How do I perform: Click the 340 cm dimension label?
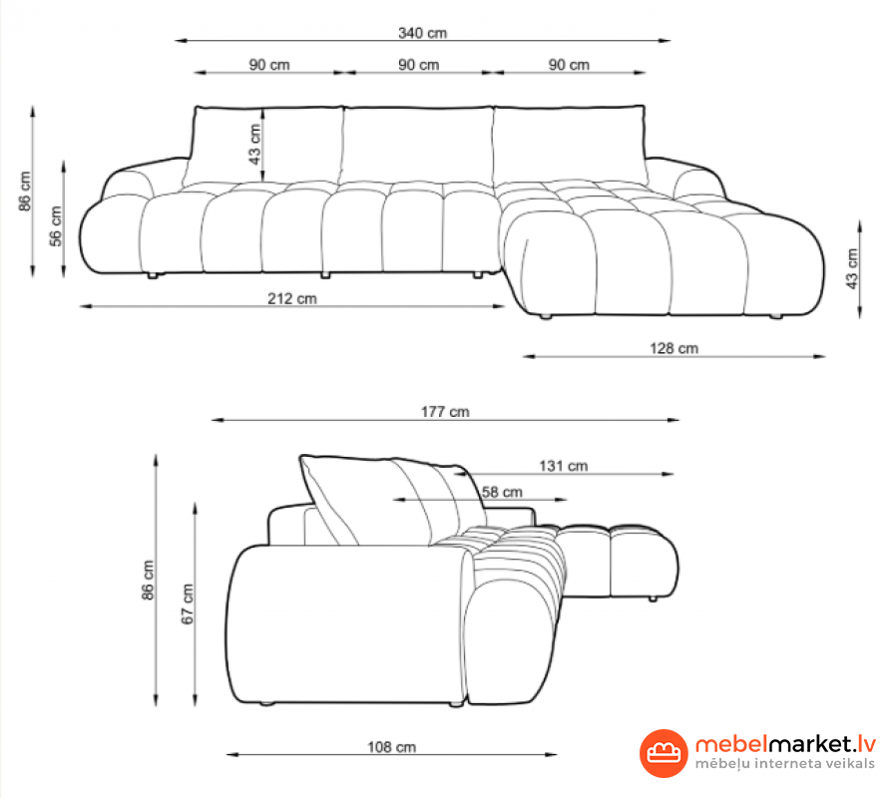(422, 33)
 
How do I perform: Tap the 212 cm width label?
(292, 298)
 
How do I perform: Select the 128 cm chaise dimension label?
(673, 348)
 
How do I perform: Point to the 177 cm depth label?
(445, 412)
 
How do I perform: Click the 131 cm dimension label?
(564, 466)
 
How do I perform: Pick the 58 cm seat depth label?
(502, 492)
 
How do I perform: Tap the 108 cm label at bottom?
(391, 747)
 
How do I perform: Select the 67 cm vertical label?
(188, 603)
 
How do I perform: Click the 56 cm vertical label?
(56, 226)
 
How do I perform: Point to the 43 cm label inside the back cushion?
(254, 144)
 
